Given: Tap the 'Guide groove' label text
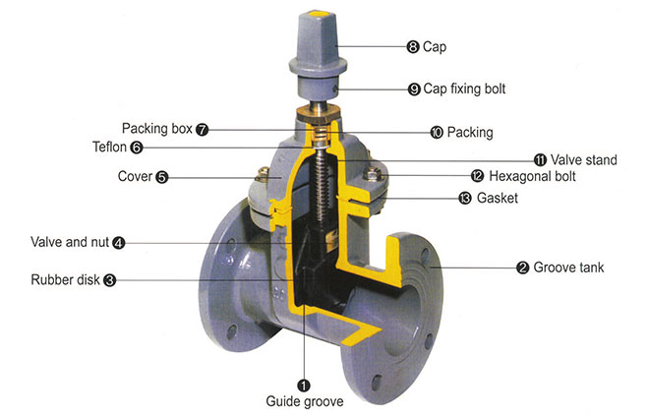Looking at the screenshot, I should click(304, 401).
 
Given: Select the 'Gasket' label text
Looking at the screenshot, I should click(497, 198).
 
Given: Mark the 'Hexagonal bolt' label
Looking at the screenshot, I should click(531, 177).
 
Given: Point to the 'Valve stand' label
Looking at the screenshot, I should click(582, 159).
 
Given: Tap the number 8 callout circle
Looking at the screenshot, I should click(413, 45).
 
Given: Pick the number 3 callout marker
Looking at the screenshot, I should click(109, 279).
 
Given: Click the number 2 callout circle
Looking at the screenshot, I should click(523, 267).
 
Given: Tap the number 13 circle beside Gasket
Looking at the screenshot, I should click(464, 198).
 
